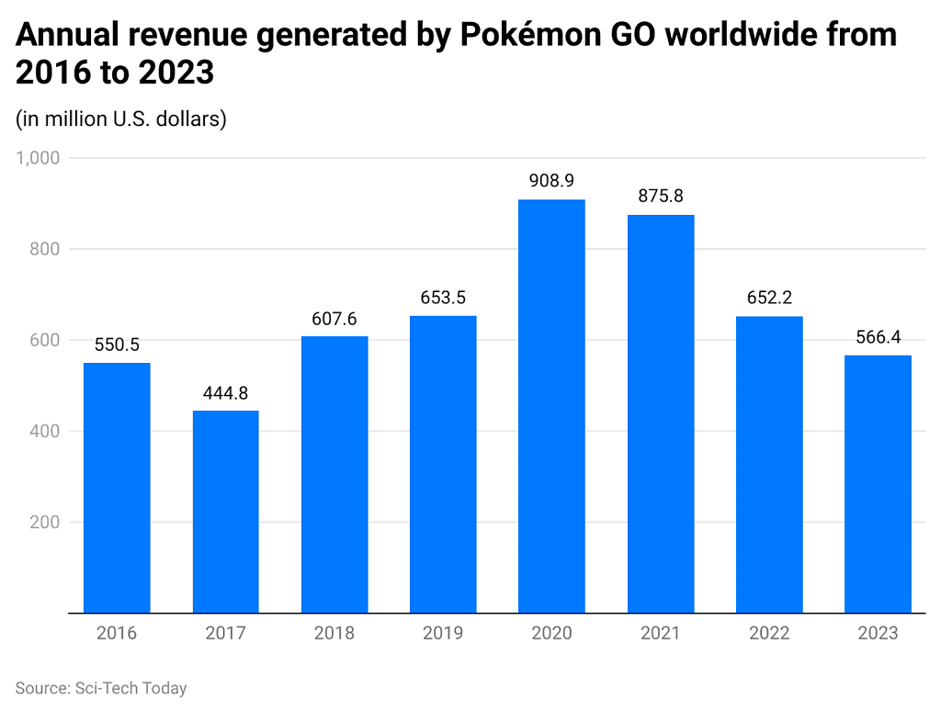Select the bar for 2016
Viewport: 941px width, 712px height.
[x=117, y=488]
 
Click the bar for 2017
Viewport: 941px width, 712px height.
[x=225, y=512]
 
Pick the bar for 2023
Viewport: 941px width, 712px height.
[x=878, y=484]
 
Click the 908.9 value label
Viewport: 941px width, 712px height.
[x=551, y=181]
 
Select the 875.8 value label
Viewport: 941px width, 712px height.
[x=660, y=197]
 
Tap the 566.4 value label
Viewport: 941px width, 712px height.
[x=878, y=337]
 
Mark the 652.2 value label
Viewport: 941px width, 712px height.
[x=769, y=298]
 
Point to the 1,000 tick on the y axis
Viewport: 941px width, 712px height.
[x=38, y=158]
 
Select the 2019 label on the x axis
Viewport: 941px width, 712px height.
[x=443, y=633]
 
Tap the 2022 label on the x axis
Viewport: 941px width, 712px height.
[x=769, y=633]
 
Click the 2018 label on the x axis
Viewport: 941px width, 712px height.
[x=334, y=633]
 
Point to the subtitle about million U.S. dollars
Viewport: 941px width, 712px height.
[x=121, y=119]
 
